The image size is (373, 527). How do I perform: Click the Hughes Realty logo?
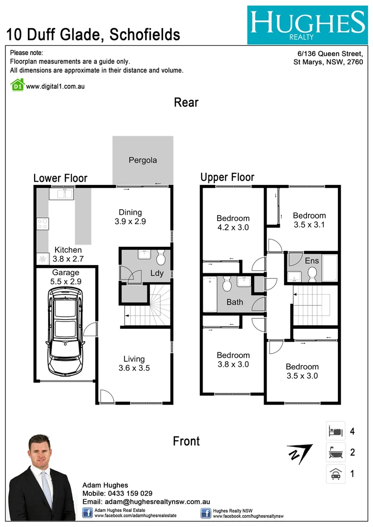coord(307,25)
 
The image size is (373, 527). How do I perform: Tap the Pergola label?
coord(143,160)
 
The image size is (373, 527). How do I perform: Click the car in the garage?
coord(65,330)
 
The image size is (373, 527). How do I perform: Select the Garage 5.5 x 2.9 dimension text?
coord(66,282)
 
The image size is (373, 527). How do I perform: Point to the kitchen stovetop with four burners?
coord(42,224)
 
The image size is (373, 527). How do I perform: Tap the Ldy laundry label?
coord(157,273)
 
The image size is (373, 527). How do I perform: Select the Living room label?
coord(134,359)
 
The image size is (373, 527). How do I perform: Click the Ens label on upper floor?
coord(312,261)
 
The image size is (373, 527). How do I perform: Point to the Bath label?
coord(235,302)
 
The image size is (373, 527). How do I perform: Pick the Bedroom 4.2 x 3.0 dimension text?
coord(233,227)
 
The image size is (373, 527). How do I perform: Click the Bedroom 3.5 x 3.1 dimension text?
coord(309,224)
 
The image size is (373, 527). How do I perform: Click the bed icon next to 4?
coord(335,431)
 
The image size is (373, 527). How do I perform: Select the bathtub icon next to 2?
coord(335,452)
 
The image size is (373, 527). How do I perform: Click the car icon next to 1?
coord(335,473)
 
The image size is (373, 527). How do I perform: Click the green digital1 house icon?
coord(17,85)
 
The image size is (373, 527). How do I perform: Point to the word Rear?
coord(186,102)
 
